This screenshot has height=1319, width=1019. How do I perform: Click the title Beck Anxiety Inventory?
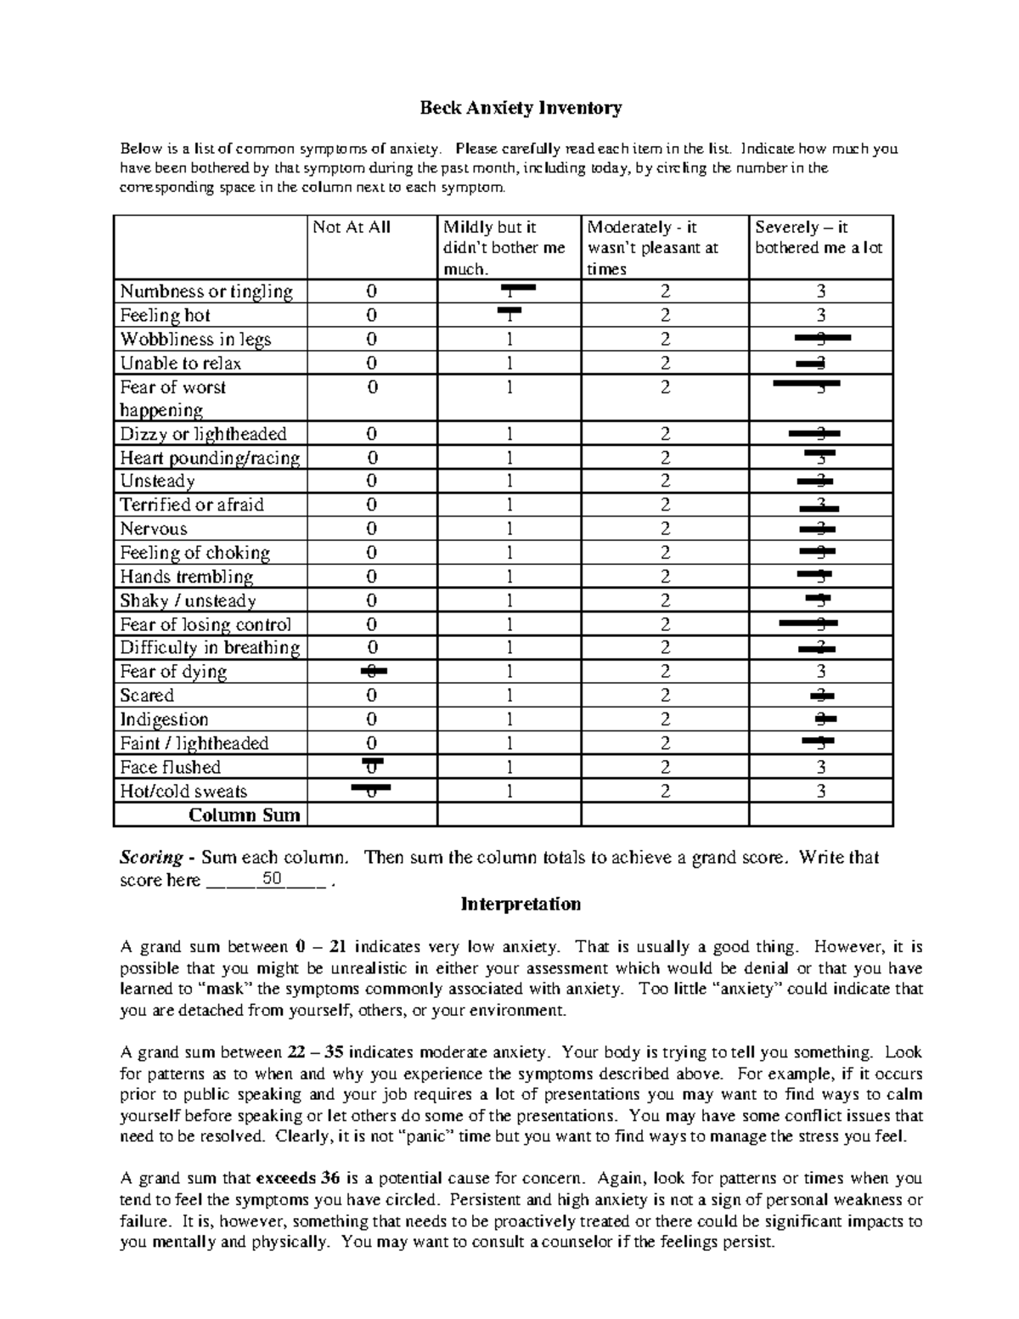point(521,108)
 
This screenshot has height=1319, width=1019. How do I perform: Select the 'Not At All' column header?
point(352,228)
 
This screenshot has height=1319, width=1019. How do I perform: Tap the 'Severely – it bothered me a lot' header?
point(819,238)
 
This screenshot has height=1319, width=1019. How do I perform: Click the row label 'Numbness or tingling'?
point(206,291)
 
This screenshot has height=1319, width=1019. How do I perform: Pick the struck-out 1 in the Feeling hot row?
point(509,315)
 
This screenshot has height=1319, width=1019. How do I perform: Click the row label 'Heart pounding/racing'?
point(210,458)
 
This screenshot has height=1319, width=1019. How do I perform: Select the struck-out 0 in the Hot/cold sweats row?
point(371,791)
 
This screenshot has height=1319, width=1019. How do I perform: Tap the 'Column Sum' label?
point(244,815)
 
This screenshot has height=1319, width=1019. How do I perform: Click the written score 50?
point(272,879)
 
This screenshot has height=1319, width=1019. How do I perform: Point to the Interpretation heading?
point(521,904)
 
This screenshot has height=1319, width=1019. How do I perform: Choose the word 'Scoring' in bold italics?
point(151,857)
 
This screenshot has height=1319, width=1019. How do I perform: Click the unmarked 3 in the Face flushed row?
point(820,767)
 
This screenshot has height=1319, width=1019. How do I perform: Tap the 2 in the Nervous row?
point(665,528)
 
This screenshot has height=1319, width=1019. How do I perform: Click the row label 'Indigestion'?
point(164,719)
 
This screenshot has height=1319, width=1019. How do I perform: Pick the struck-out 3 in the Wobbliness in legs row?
point(821,338)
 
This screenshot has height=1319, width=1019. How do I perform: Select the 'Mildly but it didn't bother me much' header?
point(504,247)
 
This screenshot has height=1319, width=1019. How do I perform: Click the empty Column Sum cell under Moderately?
point(665,815)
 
